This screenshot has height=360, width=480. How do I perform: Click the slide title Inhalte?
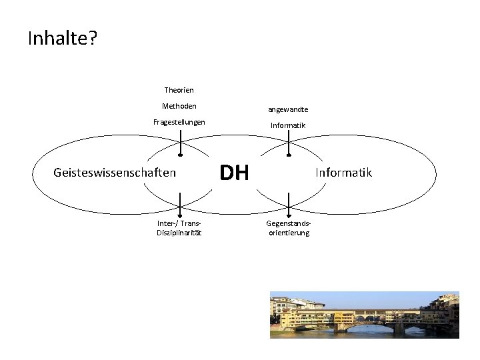tap(63, 39)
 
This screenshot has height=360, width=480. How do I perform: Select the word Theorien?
tap(179, 89)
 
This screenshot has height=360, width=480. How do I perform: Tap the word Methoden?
tap(179, 105)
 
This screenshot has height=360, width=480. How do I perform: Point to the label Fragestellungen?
tap(179, 122)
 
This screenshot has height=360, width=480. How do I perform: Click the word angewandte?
tap(288, 109)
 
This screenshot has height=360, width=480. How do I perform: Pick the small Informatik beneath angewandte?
tap(288, 125)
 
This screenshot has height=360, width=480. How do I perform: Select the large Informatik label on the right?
tap(344, 173)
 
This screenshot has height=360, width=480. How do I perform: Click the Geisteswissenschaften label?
tap(114, 173)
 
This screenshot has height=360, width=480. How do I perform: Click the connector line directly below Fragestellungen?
tap(179, 140)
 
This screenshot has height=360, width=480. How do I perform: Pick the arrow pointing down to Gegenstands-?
tap(288, 201)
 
